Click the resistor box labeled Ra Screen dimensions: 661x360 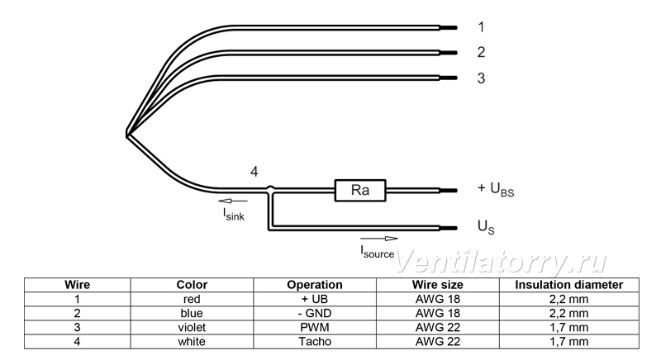click(x=360, y=190)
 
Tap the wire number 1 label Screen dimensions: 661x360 click(x=481, y=27)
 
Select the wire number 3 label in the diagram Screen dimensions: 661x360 click(x=481, y=78)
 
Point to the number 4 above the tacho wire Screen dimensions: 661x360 click(x=254, y=172)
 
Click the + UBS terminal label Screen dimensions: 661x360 click(x=496, y=189)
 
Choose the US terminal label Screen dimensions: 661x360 click(x=486, y=227)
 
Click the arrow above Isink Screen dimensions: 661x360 click(x=233, y=201)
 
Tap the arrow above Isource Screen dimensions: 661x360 click(x=379, y=239)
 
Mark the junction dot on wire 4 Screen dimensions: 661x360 click(x=271, y=189)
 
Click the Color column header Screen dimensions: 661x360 click(x=192, y=285)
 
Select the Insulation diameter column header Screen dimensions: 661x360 click(x=569, y=285)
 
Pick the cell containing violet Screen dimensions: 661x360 click(x=192, y=328)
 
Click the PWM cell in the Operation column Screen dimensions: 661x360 click(x=315, y=328)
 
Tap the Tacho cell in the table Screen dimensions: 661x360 click(x=315, y=342)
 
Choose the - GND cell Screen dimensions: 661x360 click(x=315, y=313)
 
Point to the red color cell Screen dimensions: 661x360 click(x=192, y=300)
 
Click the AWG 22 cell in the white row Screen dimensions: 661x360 click(x=438, y=342)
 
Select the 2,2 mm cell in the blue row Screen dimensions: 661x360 click(x=568, y=313)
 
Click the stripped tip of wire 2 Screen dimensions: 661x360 click(x=449, y=53)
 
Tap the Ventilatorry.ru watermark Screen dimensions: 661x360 click(x=502, y=263)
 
